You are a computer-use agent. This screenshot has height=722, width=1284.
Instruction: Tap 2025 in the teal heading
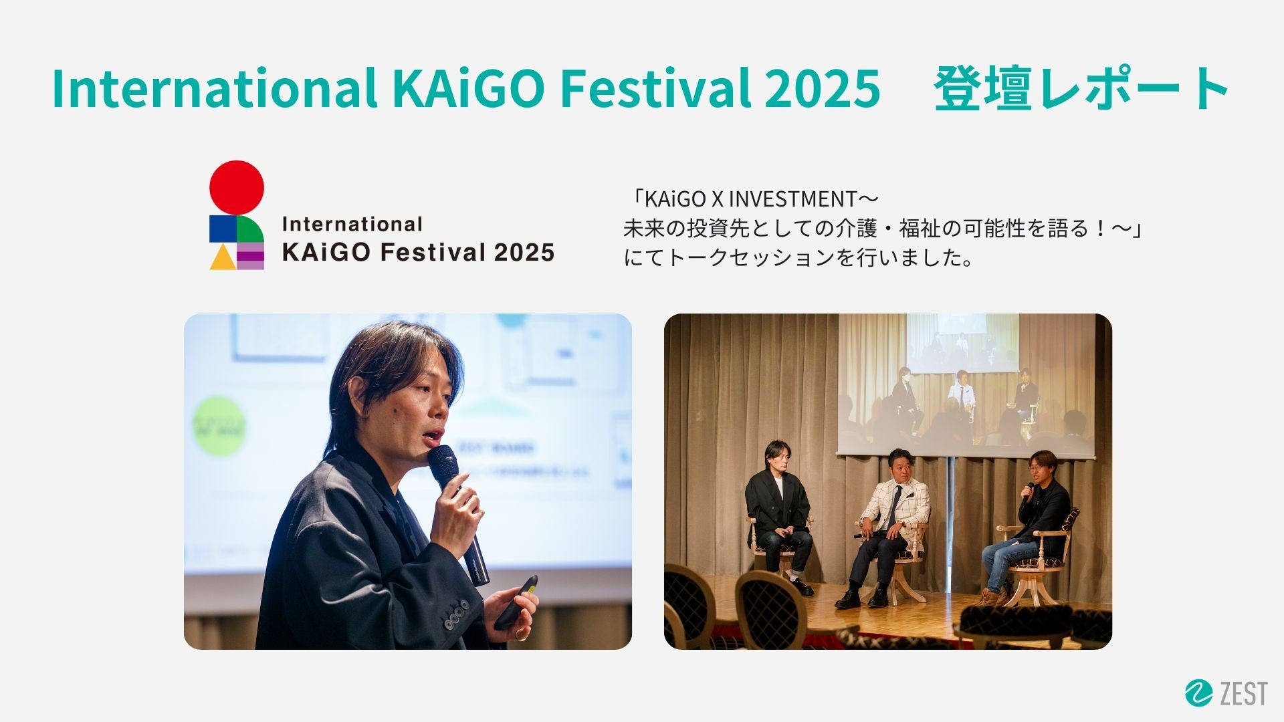click(822, 88)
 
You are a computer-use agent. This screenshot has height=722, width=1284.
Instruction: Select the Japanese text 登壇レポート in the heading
click(1081, 89)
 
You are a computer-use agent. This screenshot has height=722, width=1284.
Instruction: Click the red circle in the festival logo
click(237, 188)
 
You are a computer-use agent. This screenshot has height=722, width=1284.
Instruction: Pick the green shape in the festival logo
click(250, 229)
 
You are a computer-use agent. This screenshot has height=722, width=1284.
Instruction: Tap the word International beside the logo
click(352, 224)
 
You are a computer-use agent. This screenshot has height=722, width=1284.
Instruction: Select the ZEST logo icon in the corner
click(1198, 693)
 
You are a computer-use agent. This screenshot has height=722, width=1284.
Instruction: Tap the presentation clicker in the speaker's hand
click(516, 602)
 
